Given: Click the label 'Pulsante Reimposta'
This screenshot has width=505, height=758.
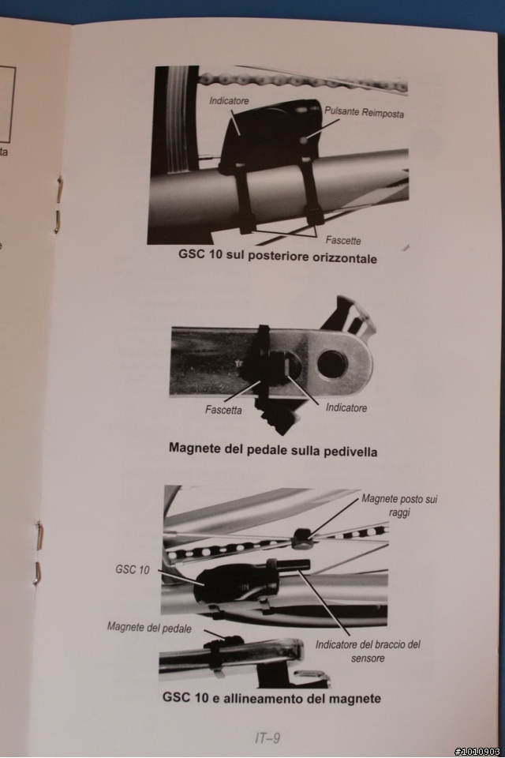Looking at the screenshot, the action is click(x=364, y=112).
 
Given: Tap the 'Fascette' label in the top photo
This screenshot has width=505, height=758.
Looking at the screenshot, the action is click(x=343, y=240).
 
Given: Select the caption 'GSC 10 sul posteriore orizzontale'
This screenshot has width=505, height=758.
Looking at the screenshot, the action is click(x=278, y=256).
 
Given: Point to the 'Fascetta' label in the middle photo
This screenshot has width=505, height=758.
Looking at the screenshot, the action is click(x=223, y=410).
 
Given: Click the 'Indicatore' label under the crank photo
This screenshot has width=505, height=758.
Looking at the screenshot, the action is click(x=346, y=407).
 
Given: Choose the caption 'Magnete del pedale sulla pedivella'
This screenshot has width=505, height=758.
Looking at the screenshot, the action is click(x=273, y=450).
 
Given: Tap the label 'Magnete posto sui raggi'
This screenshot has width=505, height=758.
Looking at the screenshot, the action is click(x=399, y=505).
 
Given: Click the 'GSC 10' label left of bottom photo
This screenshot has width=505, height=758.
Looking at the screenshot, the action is click(x=133, y=569).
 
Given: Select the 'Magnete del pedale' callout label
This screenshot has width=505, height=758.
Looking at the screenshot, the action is click(x=149, y=628).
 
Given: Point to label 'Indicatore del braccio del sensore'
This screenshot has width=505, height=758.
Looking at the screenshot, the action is click(x=368, y=651).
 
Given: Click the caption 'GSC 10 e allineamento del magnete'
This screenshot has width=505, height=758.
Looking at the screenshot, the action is click(x=271, y=698).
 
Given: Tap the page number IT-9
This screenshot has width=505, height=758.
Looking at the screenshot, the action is click(x=267, y=737).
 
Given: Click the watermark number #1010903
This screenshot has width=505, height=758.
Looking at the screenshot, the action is click(x=477, y=752).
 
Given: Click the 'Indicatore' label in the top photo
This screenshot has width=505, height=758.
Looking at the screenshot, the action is click(x=229, y=100).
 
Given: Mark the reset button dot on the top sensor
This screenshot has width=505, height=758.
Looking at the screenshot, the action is click(x=304, y=141).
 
